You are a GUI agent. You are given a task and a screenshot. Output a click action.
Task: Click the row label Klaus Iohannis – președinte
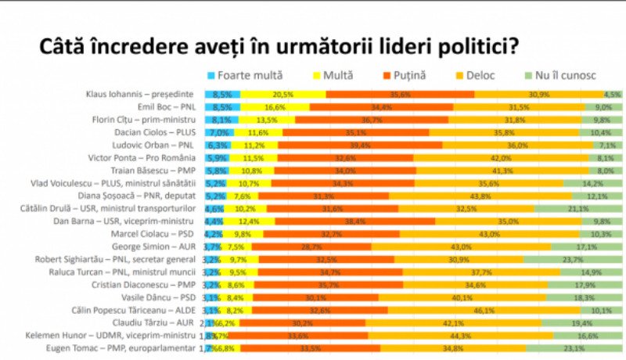(140, 94)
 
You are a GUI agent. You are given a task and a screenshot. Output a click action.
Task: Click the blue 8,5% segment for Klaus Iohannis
(222, 94)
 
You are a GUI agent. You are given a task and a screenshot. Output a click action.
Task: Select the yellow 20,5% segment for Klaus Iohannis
(282, 94)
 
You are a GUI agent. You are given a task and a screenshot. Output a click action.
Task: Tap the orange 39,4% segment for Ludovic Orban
(360, 145)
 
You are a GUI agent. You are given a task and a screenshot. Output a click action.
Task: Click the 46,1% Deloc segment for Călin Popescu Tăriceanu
(486, 310)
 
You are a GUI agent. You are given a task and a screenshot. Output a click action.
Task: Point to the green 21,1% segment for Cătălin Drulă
(578, 208)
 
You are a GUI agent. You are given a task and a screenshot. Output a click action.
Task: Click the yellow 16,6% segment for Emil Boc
(275, 107)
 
